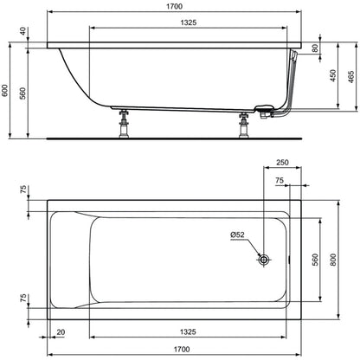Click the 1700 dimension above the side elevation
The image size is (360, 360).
pyautogui.click(x=174, y=6)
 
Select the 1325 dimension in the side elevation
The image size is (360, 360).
pyautogui.click(x=189, y=22)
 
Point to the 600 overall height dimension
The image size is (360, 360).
pyautogui.click(x=5, y=91)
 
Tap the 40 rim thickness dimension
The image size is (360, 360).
pyautogui.click(x=23, y=31)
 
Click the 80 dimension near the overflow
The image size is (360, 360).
pyautogui.click(x=315, y=48)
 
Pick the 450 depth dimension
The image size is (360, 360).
pyautogui.click(x=333, y=75)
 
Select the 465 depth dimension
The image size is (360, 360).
pyautogui.click(x=350, y=77)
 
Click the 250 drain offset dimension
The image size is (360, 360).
pyautogui.click(x=282, y=163)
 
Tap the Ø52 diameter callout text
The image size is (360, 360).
pyautogui.click(x=237, y=235)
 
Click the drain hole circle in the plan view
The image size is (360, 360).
pyautogui.click(x=263, y=260)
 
